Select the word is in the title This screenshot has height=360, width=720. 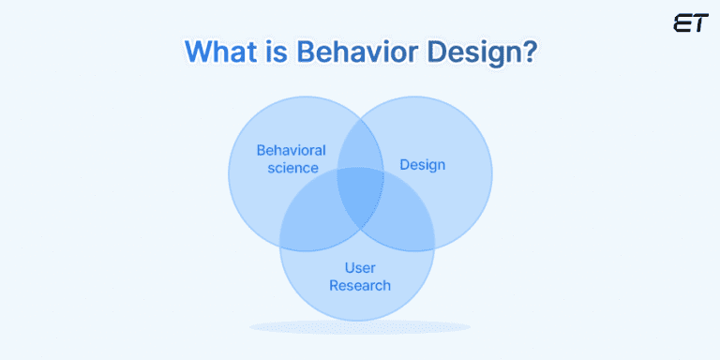pos(275,52)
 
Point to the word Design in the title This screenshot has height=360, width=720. pos(469,52)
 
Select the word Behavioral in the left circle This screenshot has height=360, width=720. pos(291,150)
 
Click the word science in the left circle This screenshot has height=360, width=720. pos(291,169)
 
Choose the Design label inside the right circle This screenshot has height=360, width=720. pos(422,165)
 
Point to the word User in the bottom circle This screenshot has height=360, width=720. pos(359,268)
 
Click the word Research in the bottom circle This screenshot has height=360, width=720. pos(359,285)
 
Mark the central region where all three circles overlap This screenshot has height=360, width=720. pos(359,195)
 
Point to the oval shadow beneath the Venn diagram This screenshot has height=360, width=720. pos(359,327)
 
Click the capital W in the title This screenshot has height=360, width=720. pos(197,52)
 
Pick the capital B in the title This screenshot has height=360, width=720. pos(308,52)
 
